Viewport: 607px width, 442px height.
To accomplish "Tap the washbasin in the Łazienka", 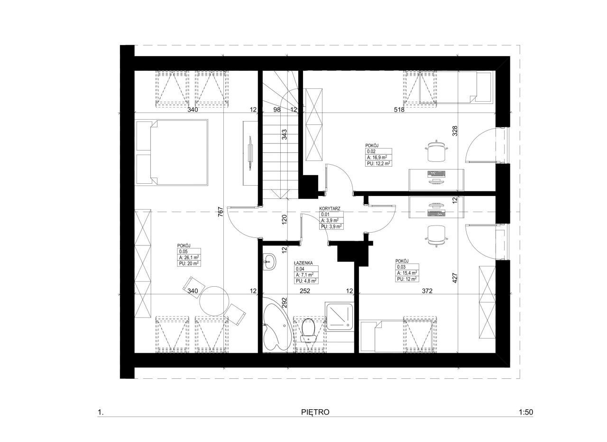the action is click(269, 262).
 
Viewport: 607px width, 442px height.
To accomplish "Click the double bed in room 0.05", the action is click(172, 152).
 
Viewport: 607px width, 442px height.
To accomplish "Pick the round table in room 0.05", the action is click(214, 301).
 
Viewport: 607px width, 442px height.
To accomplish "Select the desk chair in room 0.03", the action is click(436, 236).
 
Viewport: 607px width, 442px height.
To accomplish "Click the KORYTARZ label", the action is click(330, 208).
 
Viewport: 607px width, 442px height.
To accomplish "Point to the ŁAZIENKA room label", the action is click(303, 263).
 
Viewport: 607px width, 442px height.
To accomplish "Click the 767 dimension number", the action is click(221, 212).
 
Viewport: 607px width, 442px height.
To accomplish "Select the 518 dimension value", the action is click(399, 110).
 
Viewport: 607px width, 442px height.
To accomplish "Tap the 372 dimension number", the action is click(427, 291).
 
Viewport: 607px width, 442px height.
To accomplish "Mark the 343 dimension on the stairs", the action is click(284, 134).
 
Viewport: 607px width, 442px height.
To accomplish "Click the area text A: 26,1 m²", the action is click(189, 257).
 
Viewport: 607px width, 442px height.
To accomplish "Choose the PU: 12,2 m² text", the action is click(378, 164).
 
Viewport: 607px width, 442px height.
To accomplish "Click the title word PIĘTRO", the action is click(315, 412).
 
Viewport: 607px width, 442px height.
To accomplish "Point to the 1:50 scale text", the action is click(526, 412).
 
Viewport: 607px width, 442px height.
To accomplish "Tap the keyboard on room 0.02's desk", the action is click(436, 173).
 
